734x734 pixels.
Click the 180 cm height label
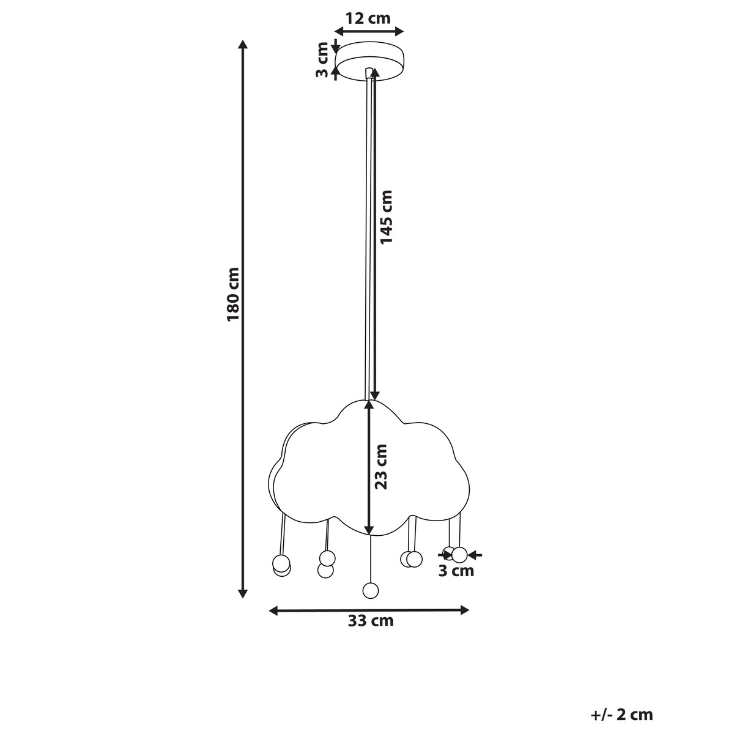point(233,294)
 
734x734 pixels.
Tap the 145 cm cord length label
point(386,217)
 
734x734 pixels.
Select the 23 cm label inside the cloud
point(381,467)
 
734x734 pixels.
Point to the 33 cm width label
point(370,621)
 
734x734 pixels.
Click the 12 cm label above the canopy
point(368,18)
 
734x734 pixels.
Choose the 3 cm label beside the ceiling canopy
point(322,60)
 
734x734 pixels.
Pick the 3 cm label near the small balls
point(456,582)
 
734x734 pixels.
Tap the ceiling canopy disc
point(369,61)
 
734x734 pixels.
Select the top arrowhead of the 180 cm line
point(243,44)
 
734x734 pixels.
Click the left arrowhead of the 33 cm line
point(273,610)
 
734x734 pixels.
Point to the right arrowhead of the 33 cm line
point(464,610)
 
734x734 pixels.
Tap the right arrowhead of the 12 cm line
point(399,32)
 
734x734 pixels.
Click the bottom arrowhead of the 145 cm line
point(375,396)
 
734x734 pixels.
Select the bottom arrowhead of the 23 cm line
point(368,530)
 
